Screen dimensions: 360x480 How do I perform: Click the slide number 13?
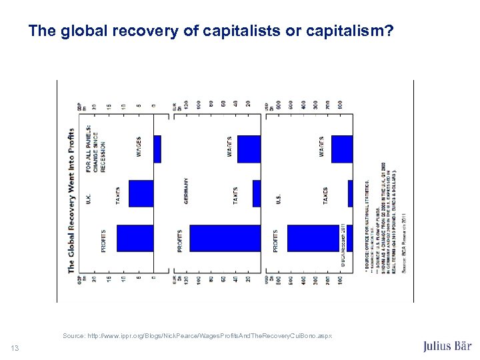15,347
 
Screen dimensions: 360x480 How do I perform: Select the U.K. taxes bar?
141,193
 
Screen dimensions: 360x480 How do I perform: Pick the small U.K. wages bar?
157,149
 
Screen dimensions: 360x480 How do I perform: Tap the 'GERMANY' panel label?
186,194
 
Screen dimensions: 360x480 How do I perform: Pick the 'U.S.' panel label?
277,199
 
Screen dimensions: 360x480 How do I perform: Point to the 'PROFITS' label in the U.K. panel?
104,240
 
